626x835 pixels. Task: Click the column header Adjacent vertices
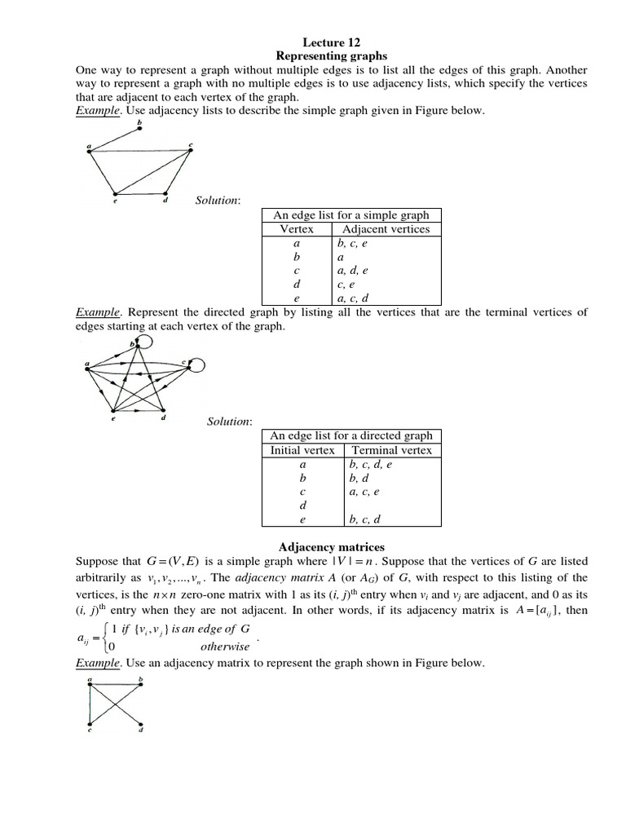pyautogui.click(x=385, y=229)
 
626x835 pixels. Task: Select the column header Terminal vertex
pyautogui.click(x=391, y=450)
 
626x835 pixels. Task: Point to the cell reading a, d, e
pyautogui.click(x=359, y=270)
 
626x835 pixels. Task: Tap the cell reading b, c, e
pyautogui.click(x=358, y=243)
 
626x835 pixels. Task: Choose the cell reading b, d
pyautogui.click(x=359, y=478)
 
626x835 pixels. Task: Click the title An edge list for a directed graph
pyautogui.click(x=351, y=435)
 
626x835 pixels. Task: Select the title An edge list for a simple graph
pyautogui.click(x=351, y=215)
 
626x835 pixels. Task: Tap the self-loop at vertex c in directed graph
pyautogui.click(x=200, y=364)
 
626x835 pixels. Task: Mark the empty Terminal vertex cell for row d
pyautogui.click(x=391, y=506)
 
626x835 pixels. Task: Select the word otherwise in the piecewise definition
pyautogui.click(x=225, y=647)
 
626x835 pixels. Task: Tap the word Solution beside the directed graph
pyautogui.click(x=229, y=421)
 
